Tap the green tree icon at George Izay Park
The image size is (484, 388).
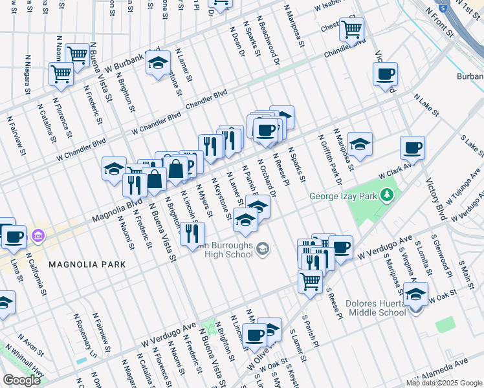point(387,195)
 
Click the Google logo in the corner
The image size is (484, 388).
point(22,380)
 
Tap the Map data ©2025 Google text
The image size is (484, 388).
point(443,383)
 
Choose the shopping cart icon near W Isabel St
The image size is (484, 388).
point(351,28)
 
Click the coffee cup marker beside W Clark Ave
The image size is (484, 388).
point(412,148)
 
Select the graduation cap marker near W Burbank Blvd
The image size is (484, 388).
point(157,63)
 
